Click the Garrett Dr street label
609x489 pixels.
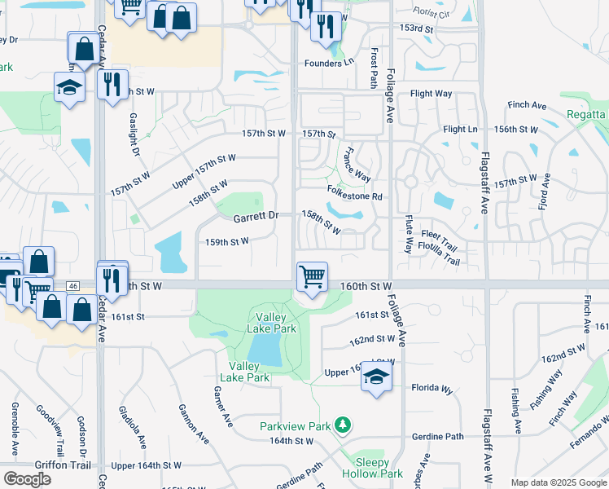(x=256, y=217)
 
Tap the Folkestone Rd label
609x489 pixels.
(x=354, y=196)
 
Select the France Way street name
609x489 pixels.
(x=357, y=164)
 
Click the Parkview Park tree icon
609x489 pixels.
(x=343, y=425)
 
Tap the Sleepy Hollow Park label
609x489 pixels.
(x=379, y=467)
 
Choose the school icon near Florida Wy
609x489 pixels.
(x=376, y=377)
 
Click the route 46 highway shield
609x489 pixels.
(x=73, y=286)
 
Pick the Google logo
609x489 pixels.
(x=27, y=478)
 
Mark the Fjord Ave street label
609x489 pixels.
(x=545, y=192)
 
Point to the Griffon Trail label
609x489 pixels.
(x=40, y=465)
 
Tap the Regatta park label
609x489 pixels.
(x=585, y=115)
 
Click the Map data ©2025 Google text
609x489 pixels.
(x=558, y=482)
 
